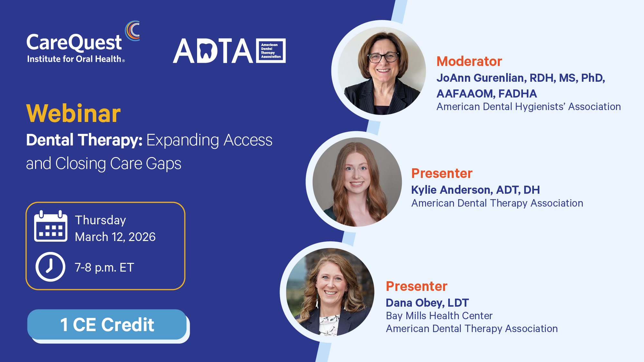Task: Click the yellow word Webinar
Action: click(73, 114)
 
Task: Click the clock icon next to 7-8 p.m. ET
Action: click(50, 267)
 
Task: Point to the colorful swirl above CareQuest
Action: click(132, 31)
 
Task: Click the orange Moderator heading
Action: click(469, 61)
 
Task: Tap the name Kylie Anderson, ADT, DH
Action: click(475, 190)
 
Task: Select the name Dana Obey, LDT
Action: click(427, 303)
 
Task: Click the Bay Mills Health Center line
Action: click(439, 316)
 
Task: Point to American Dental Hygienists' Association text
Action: click(528, 107)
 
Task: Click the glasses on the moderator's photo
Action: click(383, 58)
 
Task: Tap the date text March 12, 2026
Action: click(115, 237)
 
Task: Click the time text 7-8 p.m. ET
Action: click(104, 267)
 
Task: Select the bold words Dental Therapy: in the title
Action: click(84, 140)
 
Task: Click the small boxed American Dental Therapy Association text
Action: click(271, 51)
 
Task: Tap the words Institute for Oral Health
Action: click(74, 59)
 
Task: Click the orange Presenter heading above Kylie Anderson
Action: click(442, 173)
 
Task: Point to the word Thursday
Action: click(100, 220)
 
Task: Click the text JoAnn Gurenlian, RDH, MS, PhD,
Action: click(521, 78)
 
